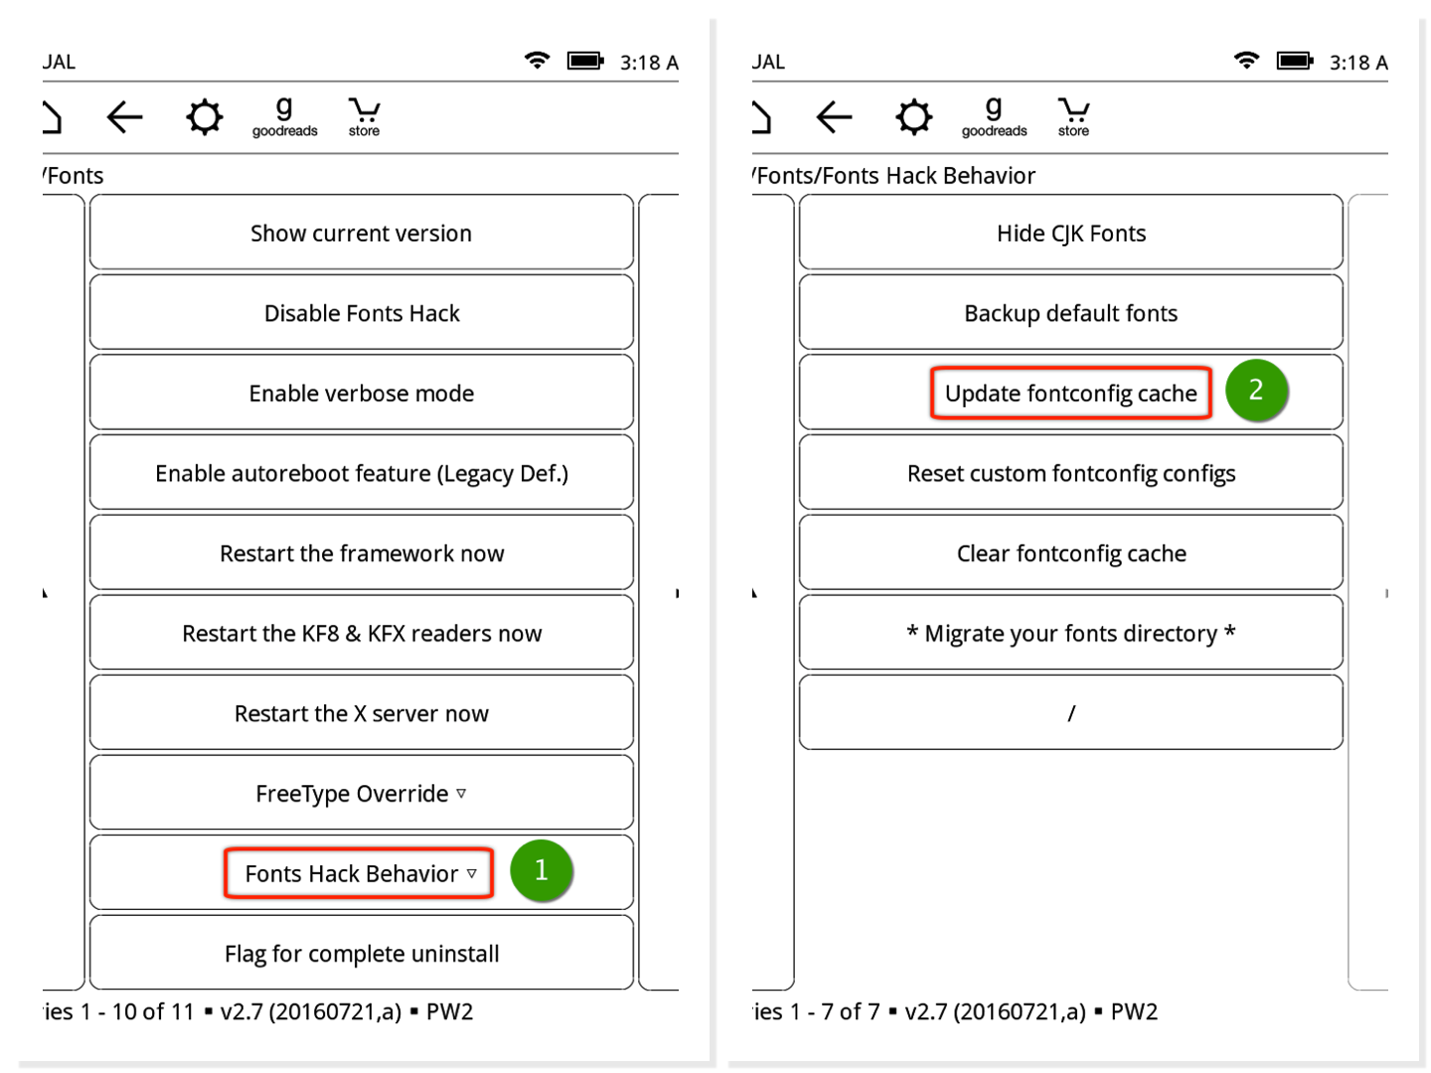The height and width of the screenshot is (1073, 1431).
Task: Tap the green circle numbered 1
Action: pyautogui.click(x=541, y=869)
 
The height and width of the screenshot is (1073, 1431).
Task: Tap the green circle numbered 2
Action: pyautogui.click(x=1256, y=389)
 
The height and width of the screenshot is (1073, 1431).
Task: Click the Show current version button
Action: pyautogui.click(x=361, y=231)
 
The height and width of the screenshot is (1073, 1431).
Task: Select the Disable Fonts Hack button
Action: pyautogui.click(x=361, y=312)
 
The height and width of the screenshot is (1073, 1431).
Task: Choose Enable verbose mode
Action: pyautogui.click(x=361, y=392)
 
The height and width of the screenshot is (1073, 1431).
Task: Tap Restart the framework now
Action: pyautogui.click(x=361, y=552)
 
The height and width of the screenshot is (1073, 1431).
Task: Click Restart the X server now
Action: pyautogui.click(x=361, y=712)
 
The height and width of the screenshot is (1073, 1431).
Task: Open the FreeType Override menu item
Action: pyautogui.click(x=361, y=793)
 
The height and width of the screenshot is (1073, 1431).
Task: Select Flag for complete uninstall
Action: pyautogui.click(x=361, y=953)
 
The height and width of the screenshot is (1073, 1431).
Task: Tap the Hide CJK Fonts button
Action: pyautogui.click(x=1070, y=231)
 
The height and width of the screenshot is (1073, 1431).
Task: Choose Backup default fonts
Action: pyautogui.click(x=1070, y=312)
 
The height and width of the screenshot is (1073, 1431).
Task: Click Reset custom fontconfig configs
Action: pyautogui.click(x=1070, y=472)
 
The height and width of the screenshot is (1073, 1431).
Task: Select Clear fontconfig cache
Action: pyautogui.click(x=1070, y=552)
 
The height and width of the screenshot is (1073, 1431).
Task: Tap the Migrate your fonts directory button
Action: pyautogui.click(x=1070, y=633)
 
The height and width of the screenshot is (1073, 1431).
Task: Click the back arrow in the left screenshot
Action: pyautogui.click(x=124, y=117)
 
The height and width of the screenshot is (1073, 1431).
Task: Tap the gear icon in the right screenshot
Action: pyautogui.click(x=913, y=117)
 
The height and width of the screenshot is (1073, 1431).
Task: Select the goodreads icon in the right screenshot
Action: pyautogui.click(x=994, y=117)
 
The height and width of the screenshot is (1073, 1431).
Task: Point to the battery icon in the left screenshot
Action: pyautogui.click(x=585, y=62)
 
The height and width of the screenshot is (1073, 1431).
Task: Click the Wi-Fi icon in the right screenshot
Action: pyautogui.click(x=1246, y=60)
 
